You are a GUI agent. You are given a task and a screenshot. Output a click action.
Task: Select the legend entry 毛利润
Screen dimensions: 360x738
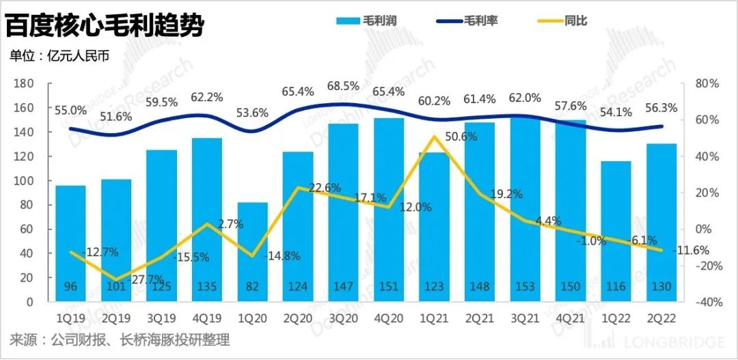366,21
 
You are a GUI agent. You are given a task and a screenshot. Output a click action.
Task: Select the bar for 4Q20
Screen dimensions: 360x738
389,205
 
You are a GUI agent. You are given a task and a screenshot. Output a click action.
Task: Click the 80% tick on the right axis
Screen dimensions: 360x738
705,83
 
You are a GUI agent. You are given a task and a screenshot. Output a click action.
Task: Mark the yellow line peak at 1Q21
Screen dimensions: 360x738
435,137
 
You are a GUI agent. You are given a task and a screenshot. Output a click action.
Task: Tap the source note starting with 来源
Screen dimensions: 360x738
120,340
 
